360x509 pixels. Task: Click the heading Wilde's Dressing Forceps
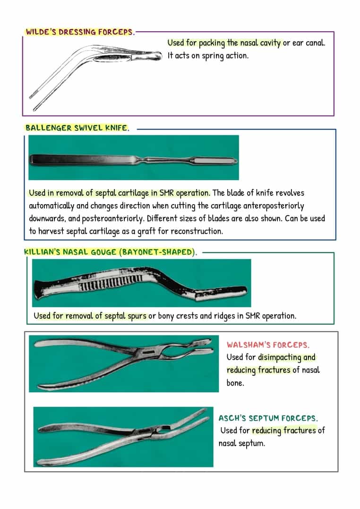tap(80, 32)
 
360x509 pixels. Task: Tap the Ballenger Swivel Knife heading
tap(77, 128)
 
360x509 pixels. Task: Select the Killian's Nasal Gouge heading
tap(111, 252)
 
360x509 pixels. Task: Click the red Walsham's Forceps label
tap(268, 345)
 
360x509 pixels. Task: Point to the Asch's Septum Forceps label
tap(268, 418)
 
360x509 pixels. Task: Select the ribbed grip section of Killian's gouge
tap(111, 285)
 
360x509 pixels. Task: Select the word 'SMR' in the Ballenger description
tap(166, 193)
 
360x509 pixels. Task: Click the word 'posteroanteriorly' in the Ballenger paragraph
tap(112, 219)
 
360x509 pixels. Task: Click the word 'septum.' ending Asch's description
tap(252, 443)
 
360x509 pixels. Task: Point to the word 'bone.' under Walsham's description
tap(235, 383)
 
